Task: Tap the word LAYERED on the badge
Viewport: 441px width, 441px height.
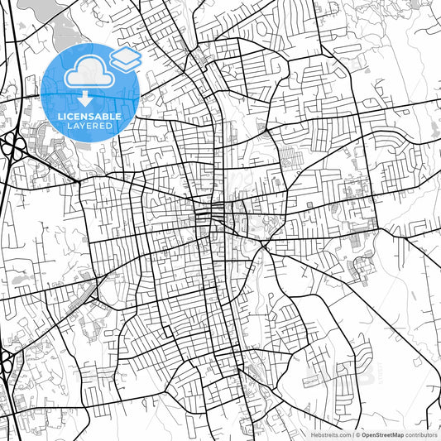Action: [x=91, y=127]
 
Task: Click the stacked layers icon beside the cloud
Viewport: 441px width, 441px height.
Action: [x=126, y=58]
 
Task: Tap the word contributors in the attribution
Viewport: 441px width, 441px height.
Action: [x=422, y=434]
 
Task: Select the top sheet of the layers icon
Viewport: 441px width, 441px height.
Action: [x=126, y=53]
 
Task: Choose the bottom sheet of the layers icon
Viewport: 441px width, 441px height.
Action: [x=126, y=64]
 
